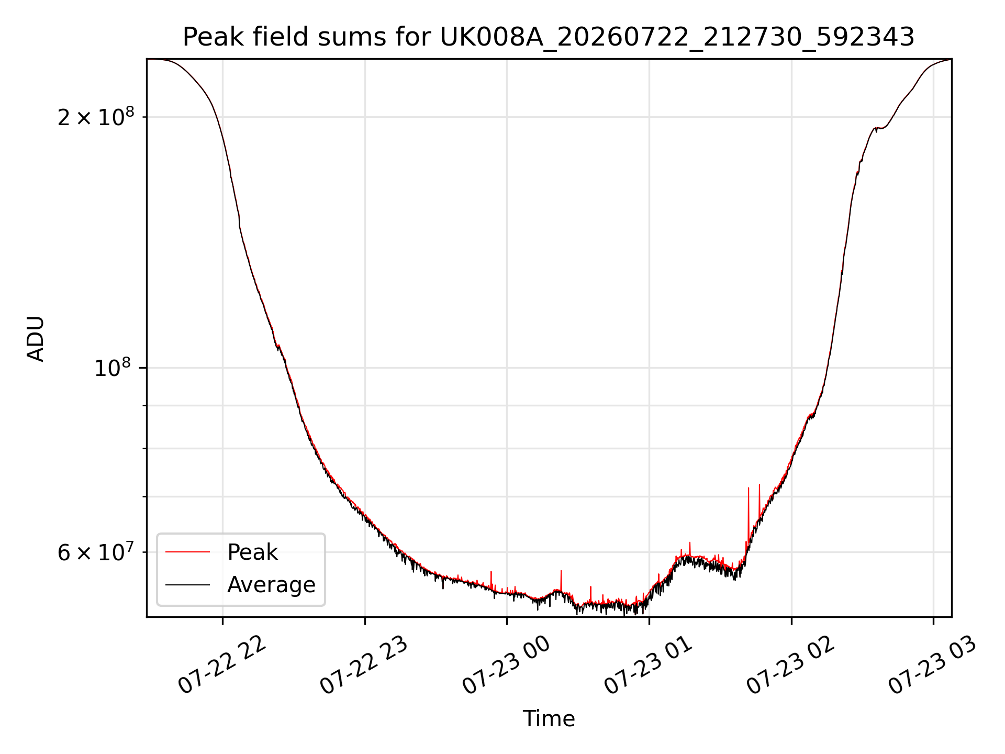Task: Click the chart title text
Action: [x=549, y=37]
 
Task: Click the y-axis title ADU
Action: [x=36, y=338]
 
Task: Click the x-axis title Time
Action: [x=549, y=718]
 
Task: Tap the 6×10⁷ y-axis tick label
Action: [x=96, y=551]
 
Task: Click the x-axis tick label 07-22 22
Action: [x=222, y=665]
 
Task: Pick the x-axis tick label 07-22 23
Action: [x=364, y=665]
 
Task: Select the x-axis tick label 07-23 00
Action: [x=507, y=665]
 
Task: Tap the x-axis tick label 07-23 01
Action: [x=649, y=665]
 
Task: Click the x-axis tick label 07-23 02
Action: [x=791, y=665]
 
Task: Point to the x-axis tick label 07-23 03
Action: [x=933, y=665]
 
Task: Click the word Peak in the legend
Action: [x=252, y=552]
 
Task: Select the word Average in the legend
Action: [x=271, y=585]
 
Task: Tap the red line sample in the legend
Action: [x=187, y=552]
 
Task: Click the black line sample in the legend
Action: [x=187, y=584]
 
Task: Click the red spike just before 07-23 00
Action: [x=491, y=579]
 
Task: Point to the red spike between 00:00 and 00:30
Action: [x=561, y=580]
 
